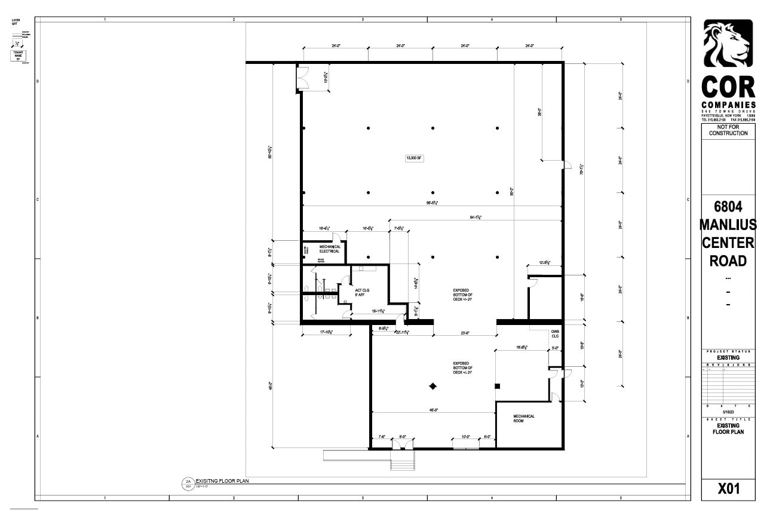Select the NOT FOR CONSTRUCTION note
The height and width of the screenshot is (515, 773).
[x=728, y=130]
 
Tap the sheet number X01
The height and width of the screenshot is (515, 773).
[x=728, y=489]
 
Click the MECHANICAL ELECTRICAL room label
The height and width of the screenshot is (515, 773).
[x=329, y=249]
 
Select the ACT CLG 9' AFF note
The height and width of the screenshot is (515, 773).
[x=362, y=292]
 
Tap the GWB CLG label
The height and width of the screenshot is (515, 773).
[x=555, y=333]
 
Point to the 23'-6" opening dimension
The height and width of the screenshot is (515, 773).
[x=464, y=333]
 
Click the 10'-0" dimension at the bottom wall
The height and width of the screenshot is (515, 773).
[x=466, y=437]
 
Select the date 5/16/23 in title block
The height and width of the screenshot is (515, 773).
[x=728, y=412]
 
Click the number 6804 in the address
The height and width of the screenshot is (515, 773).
[x=728, y=207]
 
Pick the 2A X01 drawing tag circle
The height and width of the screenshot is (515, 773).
[x=188, y=483]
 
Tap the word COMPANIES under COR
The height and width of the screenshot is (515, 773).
[x=728, y=105]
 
